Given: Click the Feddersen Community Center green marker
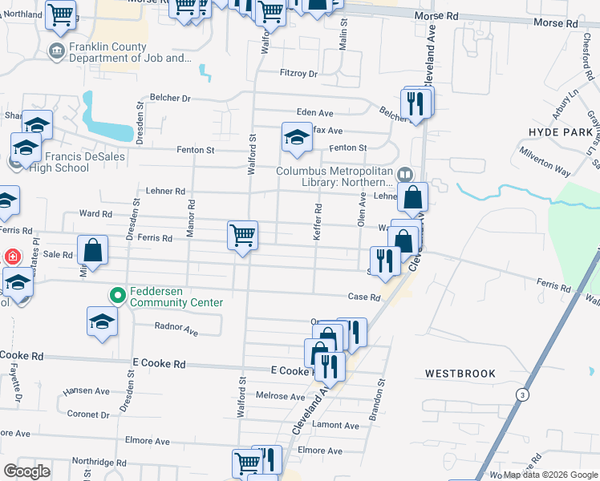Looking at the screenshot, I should click(118, 296).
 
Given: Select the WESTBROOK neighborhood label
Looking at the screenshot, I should click(460, 374).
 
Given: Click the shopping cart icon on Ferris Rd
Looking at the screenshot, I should click(242, 235).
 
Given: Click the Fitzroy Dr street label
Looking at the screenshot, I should click(298, 74).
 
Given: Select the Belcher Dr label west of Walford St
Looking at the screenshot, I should click(174, 99).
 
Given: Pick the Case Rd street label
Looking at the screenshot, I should click(363, 297).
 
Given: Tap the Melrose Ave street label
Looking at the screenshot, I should click(280, 396).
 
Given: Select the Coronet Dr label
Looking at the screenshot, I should click(87, 414).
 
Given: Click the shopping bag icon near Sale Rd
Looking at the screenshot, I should click(93, 249).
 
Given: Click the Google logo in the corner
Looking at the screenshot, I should click(26, 471).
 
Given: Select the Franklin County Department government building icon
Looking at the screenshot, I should click(56, 52).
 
